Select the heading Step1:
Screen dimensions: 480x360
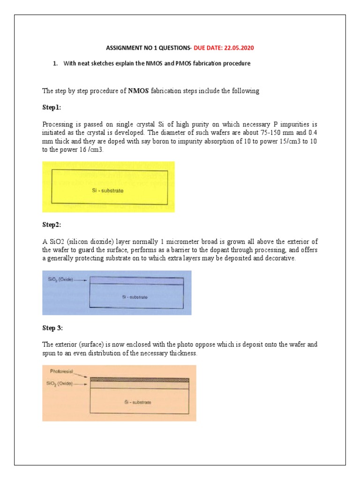click(52, 107)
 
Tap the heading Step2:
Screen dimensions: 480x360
click(52, 225)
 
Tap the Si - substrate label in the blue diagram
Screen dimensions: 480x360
click(135, 297)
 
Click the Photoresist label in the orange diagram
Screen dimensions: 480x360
click(63, 371)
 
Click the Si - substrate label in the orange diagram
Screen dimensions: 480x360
click(137, 402)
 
